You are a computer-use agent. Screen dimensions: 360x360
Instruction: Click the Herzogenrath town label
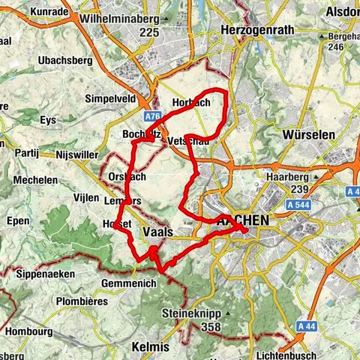(253, 30)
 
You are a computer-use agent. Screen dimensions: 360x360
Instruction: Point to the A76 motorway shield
(153, 117)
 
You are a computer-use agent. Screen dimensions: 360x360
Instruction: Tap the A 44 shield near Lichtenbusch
(304, 326)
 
